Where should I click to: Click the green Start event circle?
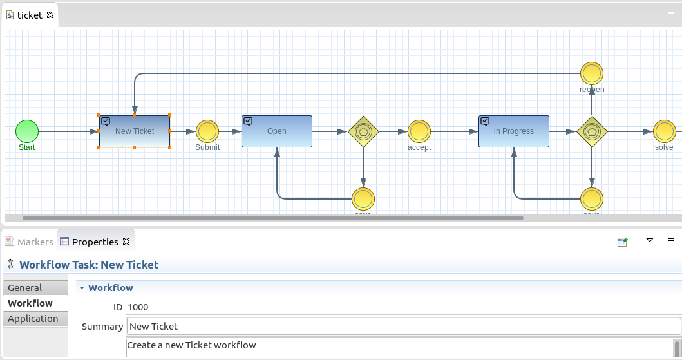tap(27, 131)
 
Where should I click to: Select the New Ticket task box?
tap(135, 131)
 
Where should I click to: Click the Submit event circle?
tap(207, 131)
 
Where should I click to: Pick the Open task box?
tap(277, 131)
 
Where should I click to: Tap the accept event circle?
tap(419, 131)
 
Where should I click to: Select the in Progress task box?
tap(513, 131)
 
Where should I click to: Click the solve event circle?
tap(664, 131)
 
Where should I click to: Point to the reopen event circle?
tap(592, 73)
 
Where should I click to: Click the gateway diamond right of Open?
tap(363, 131)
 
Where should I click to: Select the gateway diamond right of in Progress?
tap(592, 131)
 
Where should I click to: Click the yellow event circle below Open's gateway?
tap(363, 198)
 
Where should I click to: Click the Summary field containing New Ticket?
tap(403, 327)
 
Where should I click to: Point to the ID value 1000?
tap(138, 308)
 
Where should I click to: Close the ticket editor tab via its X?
tap(50, 15)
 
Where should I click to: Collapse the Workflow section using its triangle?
tap(82, 288)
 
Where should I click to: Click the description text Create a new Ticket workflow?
tap(191, 345)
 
